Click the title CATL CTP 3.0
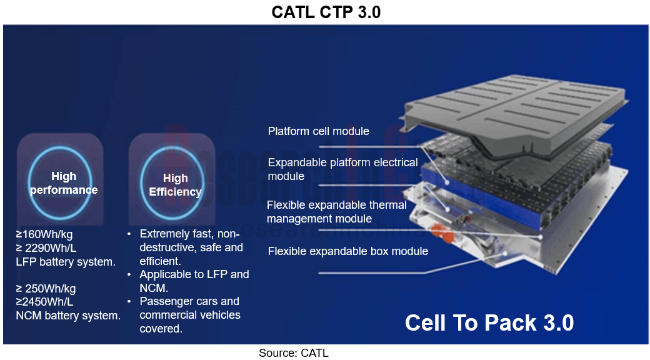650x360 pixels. tap(326, 12)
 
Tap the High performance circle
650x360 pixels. tap(64, 182)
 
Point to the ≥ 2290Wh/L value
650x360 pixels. tap(46, 248)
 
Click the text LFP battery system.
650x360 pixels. tap(66, 262)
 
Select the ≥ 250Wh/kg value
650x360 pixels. tap(46, 289)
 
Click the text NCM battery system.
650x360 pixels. tap(68, 316)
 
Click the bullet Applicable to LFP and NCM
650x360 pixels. tap(194, 281)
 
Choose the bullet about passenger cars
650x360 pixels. tap(189, 315)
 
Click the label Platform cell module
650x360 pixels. tap(318, 131)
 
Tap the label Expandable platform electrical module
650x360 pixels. tap(342, 169)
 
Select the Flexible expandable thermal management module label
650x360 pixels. tap(336, 212)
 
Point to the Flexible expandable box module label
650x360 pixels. tap(347, 251)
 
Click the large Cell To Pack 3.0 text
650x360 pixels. tap(489, 322)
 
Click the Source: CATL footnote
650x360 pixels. tap(293, 353)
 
